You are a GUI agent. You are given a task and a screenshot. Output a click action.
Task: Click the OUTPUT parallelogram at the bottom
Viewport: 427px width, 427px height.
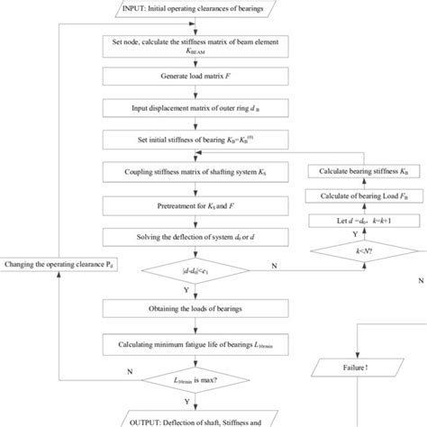[189, 419]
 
